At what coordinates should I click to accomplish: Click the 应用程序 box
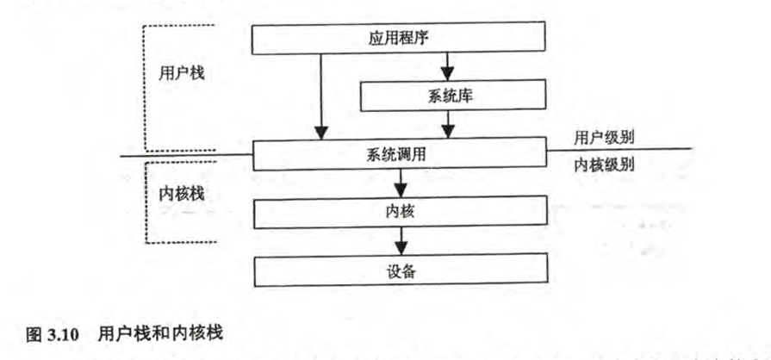399,38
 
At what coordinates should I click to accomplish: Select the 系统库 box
453,96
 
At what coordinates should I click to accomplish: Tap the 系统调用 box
399,156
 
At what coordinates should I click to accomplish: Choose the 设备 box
399,272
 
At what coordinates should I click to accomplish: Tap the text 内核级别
604,165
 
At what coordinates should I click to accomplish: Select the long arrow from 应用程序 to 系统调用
321,95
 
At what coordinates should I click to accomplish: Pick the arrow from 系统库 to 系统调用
446,126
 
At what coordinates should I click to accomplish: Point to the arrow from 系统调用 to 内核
400,183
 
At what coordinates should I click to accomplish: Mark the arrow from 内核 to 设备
400,241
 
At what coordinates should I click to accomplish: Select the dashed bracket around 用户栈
143,86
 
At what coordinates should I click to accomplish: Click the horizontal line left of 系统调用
185,156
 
